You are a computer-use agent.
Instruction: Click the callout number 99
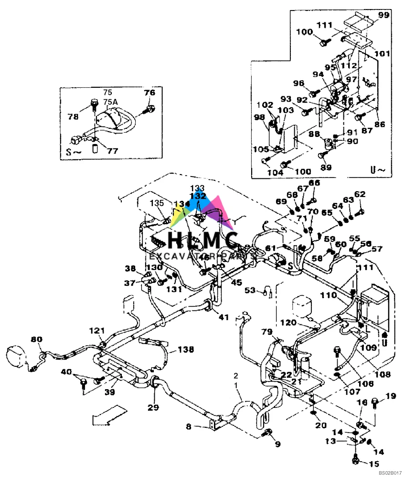click(x=384, y=15)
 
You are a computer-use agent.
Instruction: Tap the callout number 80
click(x=36, y=340)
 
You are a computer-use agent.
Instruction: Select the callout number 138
click(x=186, y=350)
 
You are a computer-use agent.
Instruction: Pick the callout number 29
click(x=152, y=407)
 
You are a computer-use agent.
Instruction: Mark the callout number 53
click(x=250, y=290)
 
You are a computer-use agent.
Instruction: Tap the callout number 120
click(x=302, y=322)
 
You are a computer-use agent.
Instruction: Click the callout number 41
click(x=224, y=317)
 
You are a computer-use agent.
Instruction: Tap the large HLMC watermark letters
click(x=203, y=238)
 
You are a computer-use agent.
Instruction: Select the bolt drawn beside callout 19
click(x=374, y=404)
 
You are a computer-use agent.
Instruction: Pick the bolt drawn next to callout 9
click(x=268, y=432)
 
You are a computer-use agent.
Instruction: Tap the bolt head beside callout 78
click(x=94, y=103)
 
